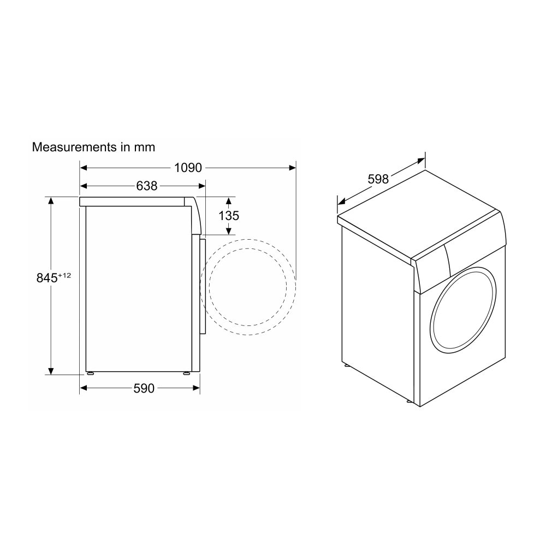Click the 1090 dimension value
click(x=188, y=168)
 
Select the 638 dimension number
click(x=146, y=186)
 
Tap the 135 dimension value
click(x=229, y=216)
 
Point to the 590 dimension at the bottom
click(x=144, y=388)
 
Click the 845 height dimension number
click(x=47, y=278)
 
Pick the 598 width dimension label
click(x=378, y=179)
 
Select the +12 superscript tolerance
click(x=64, y=275)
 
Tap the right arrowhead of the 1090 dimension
click(x=293, y=168)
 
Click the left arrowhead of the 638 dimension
click(x=84, y=186)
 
